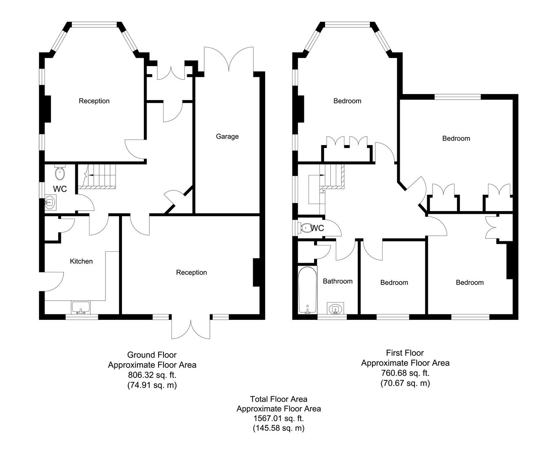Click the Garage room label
pos(227,136)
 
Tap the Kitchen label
pos(81,261)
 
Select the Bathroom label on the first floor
pos(338,281)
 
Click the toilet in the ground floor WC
pos(60,172)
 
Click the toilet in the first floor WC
pos(306,228)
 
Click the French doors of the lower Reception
pos(190,327)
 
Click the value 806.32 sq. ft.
pos(152,375)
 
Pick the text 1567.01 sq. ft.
pos(278,418)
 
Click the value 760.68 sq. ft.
pos(405,373)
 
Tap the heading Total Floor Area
pos(278,399)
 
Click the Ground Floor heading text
pos(152,355)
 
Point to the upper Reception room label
pos(94,101)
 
